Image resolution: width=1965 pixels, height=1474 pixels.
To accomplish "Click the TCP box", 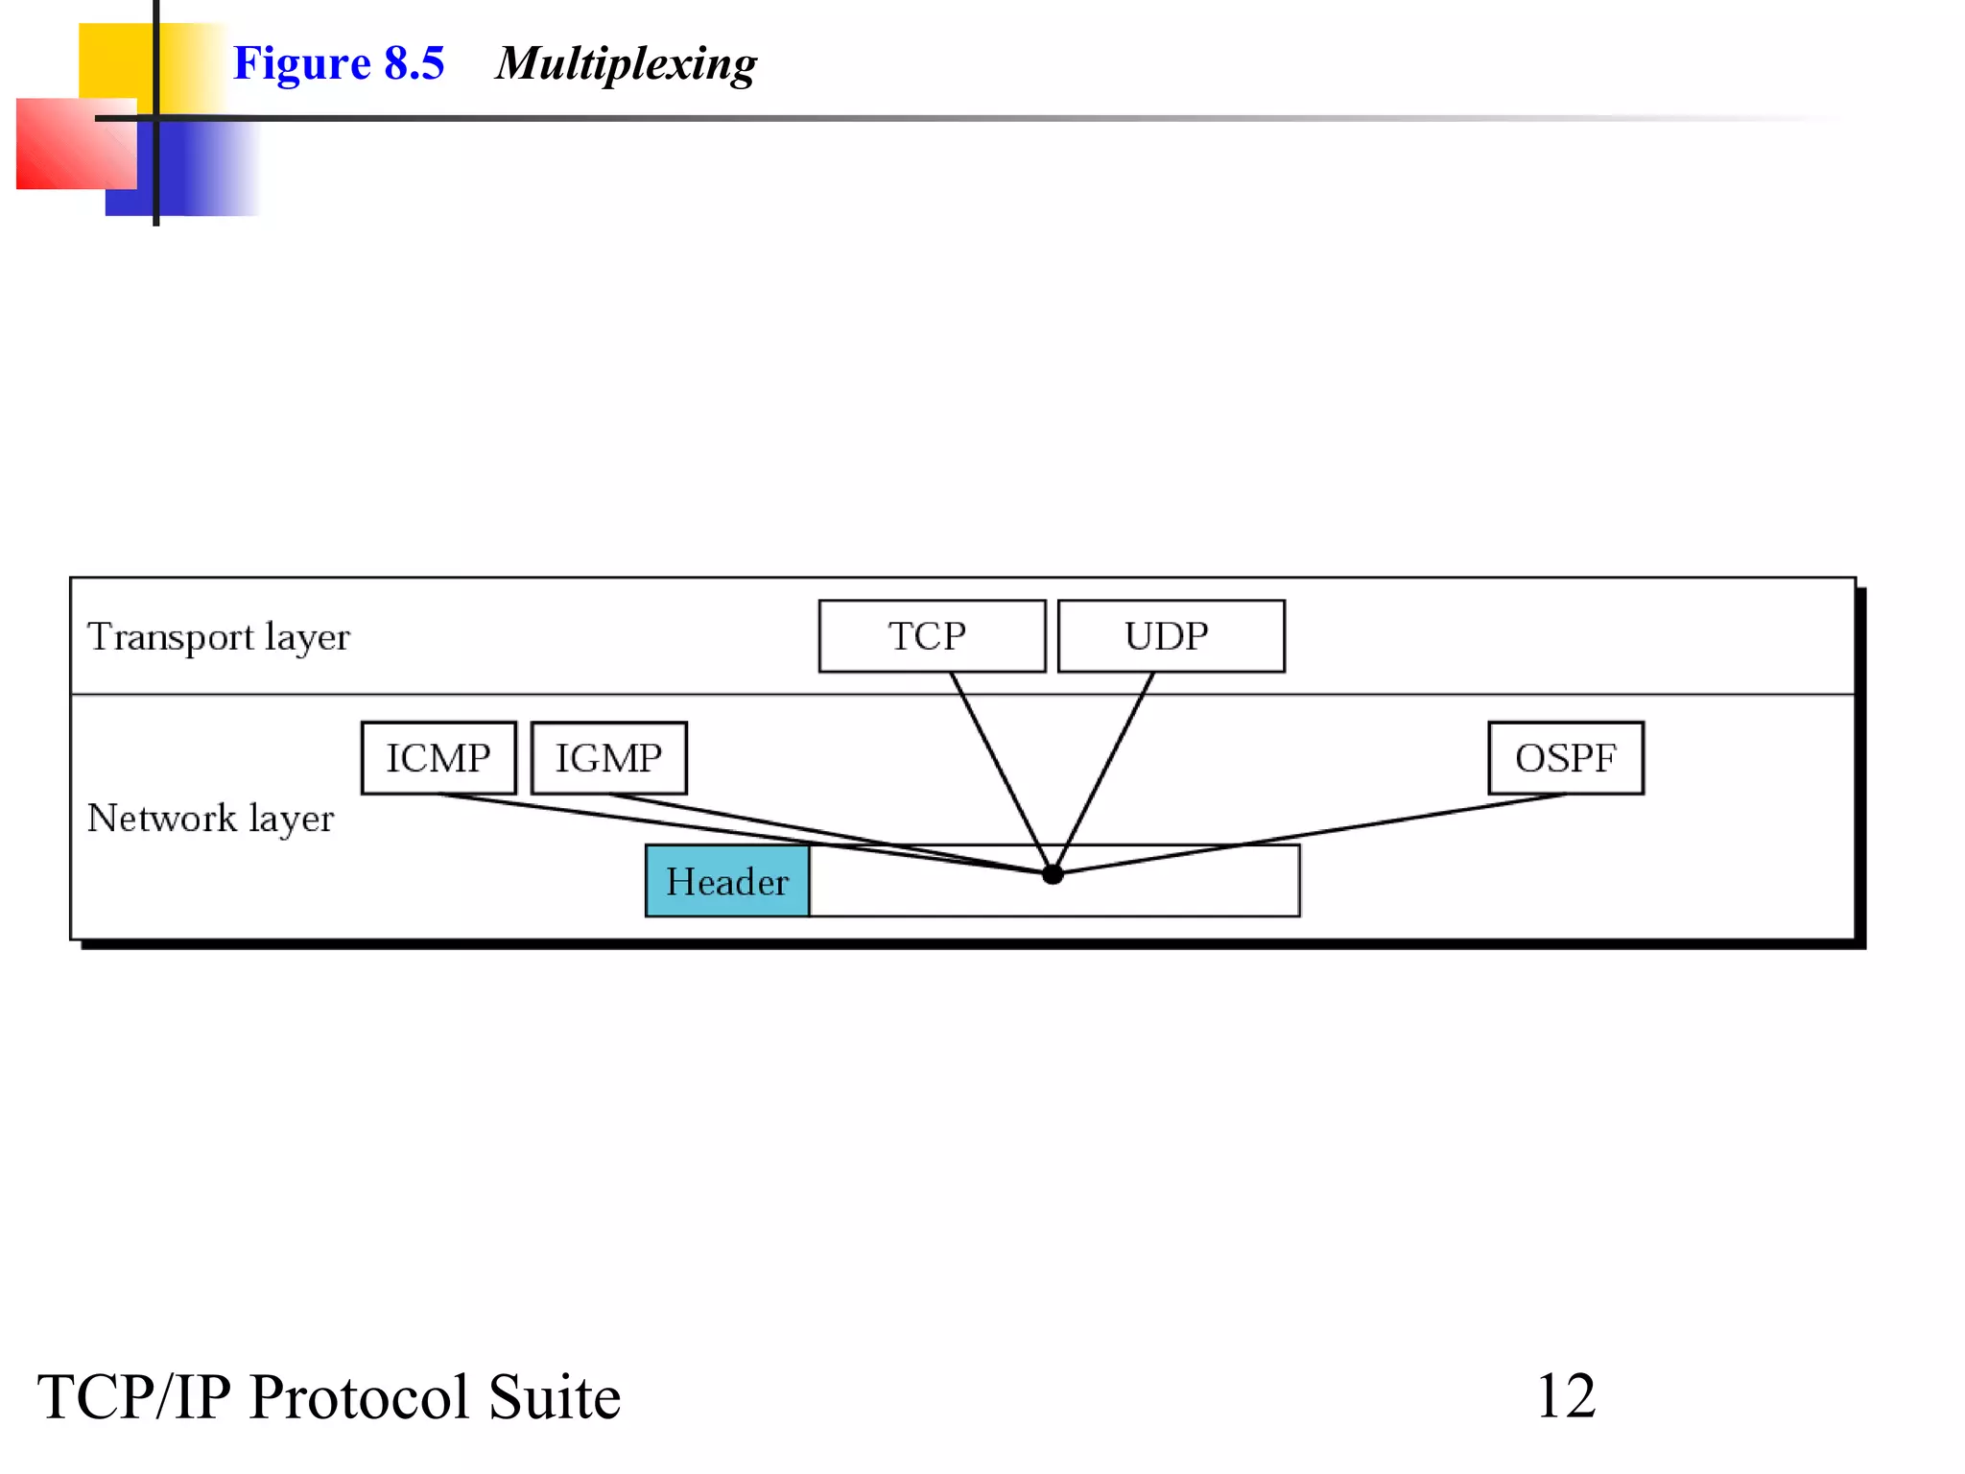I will (931, 636).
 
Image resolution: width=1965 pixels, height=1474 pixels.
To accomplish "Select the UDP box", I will (1171, 636).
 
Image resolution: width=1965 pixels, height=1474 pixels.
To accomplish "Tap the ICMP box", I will (438, 758).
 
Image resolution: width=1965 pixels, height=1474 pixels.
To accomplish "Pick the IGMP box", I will (609, 758).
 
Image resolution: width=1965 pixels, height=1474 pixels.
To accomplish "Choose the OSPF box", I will (1565, 758).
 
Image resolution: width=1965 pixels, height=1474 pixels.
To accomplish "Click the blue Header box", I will (727, 881).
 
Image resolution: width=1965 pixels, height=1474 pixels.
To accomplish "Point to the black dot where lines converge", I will (1053, 874).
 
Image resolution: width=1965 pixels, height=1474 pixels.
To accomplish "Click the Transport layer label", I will (219, 637).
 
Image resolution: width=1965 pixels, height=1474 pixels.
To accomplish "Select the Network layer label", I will (210, 819).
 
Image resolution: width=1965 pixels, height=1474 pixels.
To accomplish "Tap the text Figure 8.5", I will (339, 63).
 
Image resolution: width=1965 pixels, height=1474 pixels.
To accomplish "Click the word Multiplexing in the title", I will (626, 63).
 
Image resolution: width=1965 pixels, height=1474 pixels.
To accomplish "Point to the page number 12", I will (1566, 1395).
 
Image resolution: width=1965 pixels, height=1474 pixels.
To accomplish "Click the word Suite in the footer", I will (555, 1397).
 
